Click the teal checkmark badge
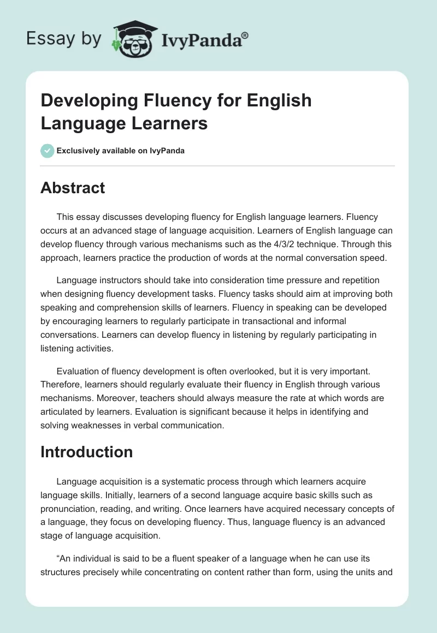48,151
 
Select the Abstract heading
73,188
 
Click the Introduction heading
87,452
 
